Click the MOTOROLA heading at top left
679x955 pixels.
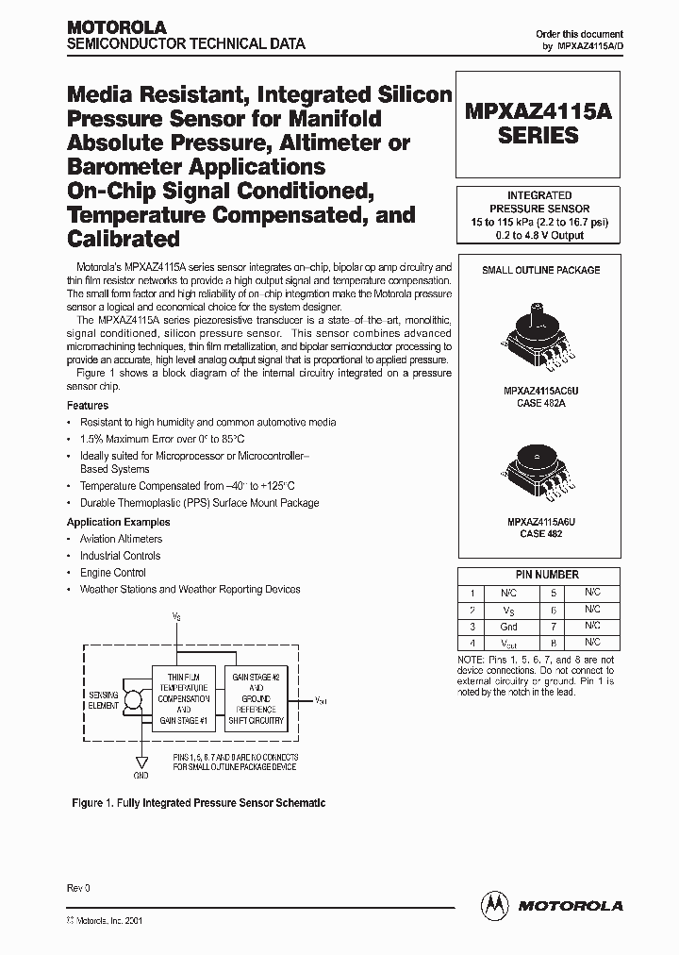pyautogui.click(x=116, y=27)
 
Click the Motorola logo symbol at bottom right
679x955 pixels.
pyautogui.click(x=494, y=904)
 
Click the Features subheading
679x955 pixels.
pyautogui.click(x=87, y=405)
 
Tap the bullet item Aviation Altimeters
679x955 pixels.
pyautogui.click(x=121, y=539)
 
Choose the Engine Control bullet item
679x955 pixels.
pyautogui.click(x=112, y=572)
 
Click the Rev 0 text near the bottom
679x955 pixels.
pyautogui.click(x=77, y=888)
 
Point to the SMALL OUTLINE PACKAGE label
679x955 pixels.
pyautogui.click(x=540, y=270)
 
